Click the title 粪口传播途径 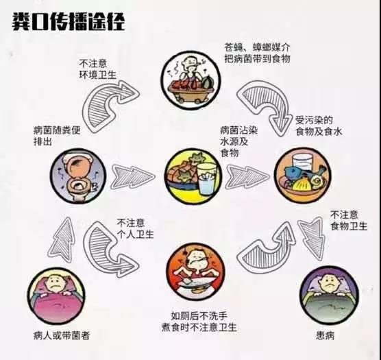pyautogui.click(x=69, y=22)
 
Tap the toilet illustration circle pyautogui.click(x=78, y=176)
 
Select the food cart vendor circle pyautogui.click(x=190, y=80)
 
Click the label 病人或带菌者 pyautogui.click(x=62, y=336)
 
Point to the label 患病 pyautogui.click(x=325, y=336)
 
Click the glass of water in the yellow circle pyautogui.click(x=207, y=179)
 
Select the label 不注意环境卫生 pyautogui.click(x=98, y=69)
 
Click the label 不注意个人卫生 pyautogui.click(x=135, y=228)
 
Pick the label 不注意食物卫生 pyautogui.click(x=349, y=221)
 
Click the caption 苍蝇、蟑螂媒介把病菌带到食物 pyautogui.click(x=257, y=53)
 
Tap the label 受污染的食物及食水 pyautogui.click(x=319, y=126)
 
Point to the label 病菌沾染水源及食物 pyautogui.click(x=238, y=142)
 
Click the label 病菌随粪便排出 pyautogui.click(x=57, y=136)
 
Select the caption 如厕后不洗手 pyautogui.click(x=199, y=316)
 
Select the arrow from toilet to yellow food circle pyautogui.click(x=133, y=177)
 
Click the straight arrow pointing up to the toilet pyautogui.click(x=62, y=240)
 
